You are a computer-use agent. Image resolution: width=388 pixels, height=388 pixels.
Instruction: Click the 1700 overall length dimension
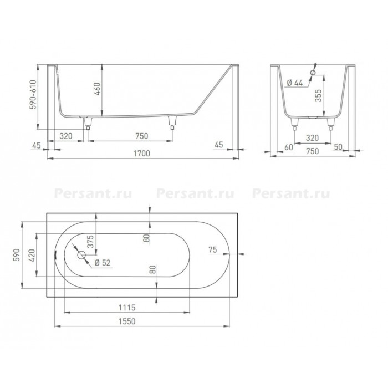coord(142,154)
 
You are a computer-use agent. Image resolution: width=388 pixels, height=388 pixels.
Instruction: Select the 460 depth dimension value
coord(97,89)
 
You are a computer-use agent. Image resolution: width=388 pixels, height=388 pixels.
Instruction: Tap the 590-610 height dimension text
coord(33,94)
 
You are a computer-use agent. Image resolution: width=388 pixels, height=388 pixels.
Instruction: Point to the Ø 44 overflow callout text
coord(295,83)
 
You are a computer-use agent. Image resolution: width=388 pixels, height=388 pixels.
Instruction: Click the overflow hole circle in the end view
coord(313,73)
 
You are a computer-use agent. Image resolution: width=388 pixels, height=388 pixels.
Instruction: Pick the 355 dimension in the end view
coord(318,95)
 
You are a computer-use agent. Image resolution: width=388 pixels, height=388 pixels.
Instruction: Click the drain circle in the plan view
coord(81,254)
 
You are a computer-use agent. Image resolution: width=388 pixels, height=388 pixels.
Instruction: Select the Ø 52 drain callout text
coord(103,263)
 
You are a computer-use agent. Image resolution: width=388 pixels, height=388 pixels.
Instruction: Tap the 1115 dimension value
coord(127,308)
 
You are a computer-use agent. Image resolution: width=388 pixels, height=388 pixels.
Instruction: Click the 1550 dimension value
coord(127,321)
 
